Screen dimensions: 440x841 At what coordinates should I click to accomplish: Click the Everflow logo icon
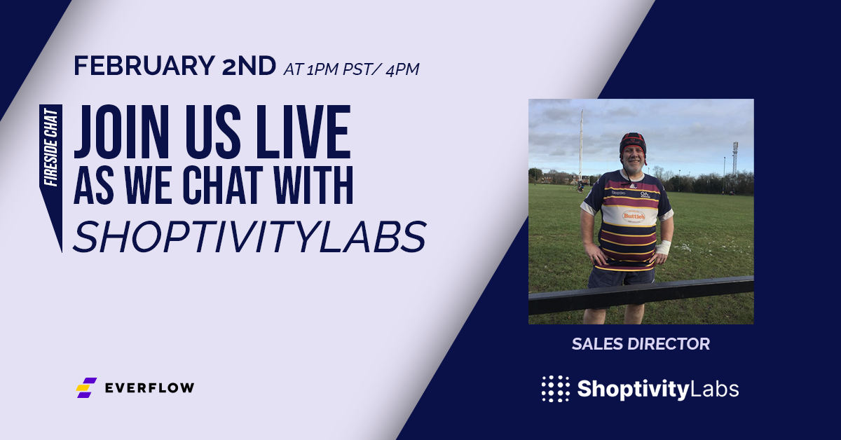point(86,387)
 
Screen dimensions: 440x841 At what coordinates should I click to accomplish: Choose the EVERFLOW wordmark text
point(149,387)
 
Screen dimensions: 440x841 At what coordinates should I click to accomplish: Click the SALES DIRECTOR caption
point(641,344)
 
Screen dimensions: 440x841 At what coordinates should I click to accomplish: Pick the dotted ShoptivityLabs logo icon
point(555,389)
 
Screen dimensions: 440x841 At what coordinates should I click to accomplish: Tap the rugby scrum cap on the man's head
point(633,144)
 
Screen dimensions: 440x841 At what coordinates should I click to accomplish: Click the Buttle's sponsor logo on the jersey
point(634,216)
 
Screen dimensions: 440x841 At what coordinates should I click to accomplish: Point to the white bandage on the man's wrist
point(663,247)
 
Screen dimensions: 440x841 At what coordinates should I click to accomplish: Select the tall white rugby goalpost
point(581,144)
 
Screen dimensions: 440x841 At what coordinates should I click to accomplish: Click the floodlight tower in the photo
point(735,158)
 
